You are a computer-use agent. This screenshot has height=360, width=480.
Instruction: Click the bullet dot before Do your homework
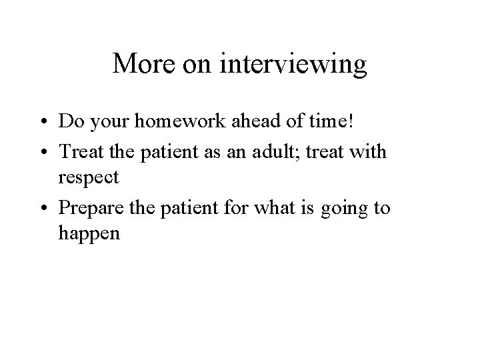click(x=43, y=123)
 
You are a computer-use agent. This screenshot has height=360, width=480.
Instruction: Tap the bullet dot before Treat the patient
click(x=43, y=153)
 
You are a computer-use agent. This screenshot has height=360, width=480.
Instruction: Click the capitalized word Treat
click(x=78, y=151)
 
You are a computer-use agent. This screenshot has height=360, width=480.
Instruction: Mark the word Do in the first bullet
click(x=68, y=122)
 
